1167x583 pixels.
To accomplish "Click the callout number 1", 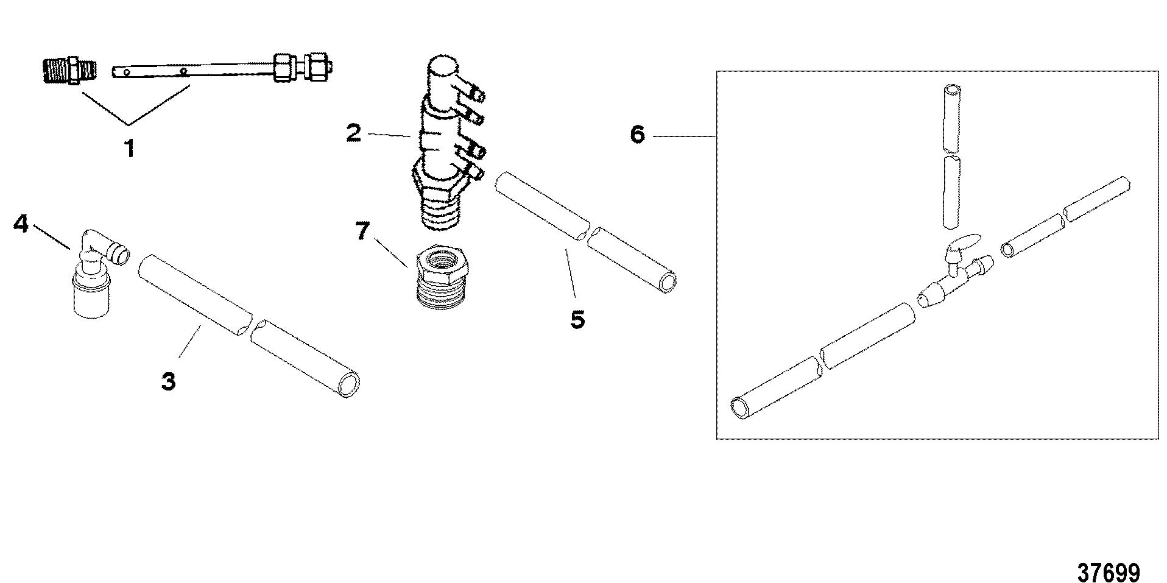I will (x=129, y=148).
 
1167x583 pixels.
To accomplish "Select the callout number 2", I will (x=353, y=133).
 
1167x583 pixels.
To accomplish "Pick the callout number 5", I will (x=577, y=319).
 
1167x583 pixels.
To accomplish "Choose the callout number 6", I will (x=637, y=135).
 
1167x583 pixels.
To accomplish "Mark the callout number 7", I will (x=363, y=231).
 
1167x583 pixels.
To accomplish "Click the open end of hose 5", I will (x=668, y=281).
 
